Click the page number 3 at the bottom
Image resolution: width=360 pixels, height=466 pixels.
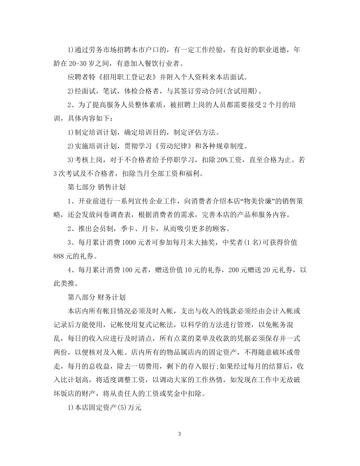click(x=180, y=434)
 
